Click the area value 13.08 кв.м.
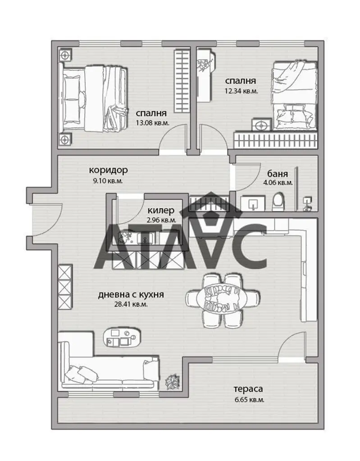[152, 122]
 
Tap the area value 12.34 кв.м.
[241, 91]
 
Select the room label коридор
[108, 170]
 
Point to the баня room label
[278, 173]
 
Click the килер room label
[161, 211]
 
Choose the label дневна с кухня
[131, 294]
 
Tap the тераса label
[248, 389]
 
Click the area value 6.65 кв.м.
[249, 400]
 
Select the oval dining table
[223, 299]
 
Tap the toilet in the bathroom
[278, 202]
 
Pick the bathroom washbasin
[253, 203]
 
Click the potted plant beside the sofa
[173, 382]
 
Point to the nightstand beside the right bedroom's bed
[261, 125]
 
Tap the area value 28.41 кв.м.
[131, 304]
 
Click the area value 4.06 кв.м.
[278, 183]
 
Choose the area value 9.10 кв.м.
[108, 181]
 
